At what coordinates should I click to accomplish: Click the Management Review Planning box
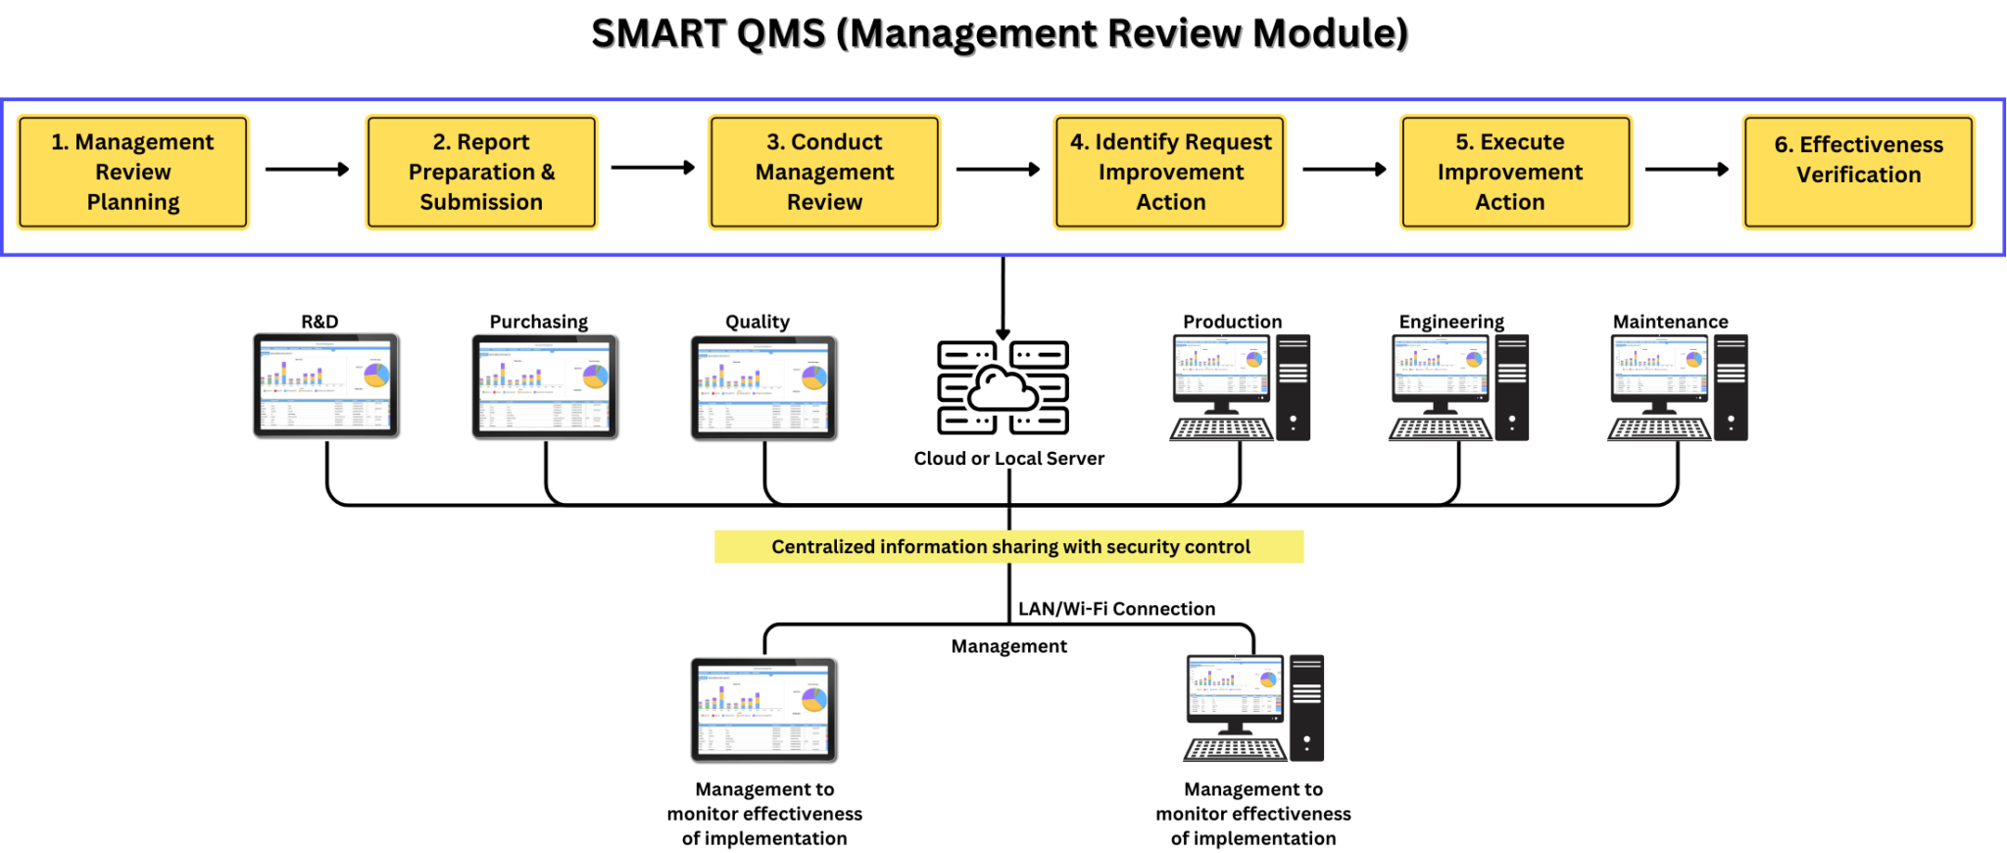pos(132,173)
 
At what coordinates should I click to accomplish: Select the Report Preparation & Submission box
pos(481,173)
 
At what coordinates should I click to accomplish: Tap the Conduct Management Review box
pos(824,173)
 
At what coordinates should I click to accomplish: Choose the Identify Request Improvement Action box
pos(1170,173)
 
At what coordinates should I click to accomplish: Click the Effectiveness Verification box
pos(1858,173)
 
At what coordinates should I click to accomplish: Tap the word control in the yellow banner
pos(1218,547)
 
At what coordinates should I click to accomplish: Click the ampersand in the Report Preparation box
pos(548,173)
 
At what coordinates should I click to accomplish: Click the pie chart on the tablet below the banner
pos(813,699)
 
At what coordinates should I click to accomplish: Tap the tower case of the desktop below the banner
pos(1306,708)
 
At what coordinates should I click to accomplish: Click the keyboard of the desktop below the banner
pos(1235,750)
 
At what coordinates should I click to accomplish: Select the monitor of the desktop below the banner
pos(1234,687)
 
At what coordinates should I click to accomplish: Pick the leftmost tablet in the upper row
pos(325,385)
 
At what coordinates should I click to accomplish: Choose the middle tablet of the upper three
pos(544,386)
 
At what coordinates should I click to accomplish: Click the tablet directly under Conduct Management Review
pos(762,387)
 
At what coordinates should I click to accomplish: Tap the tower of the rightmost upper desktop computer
pos(1731,387)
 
